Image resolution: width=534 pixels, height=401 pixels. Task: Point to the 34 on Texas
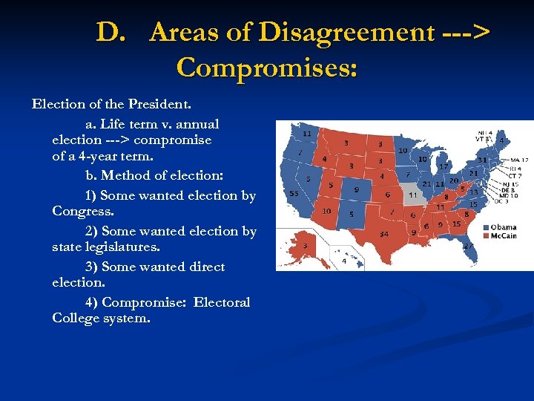point(384,234)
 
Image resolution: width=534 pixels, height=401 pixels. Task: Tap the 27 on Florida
point(468,244)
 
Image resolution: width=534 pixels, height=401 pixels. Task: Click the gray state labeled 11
point(413,195)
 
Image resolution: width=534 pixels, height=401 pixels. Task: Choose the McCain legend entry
point(502,236)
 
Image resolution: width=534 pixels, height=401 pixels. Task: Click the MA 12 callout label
point(519,160)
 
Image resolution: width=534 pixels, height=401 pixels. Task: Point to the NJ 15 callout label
point(510,183)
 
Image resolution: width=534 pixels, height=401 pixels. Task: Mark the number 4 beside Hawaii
point(344,261)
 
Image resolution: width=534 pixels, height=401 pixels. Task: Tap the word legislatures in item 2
point(122,247)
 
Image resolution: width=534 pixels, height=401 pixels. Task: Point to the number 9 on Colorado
point(356,190)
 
